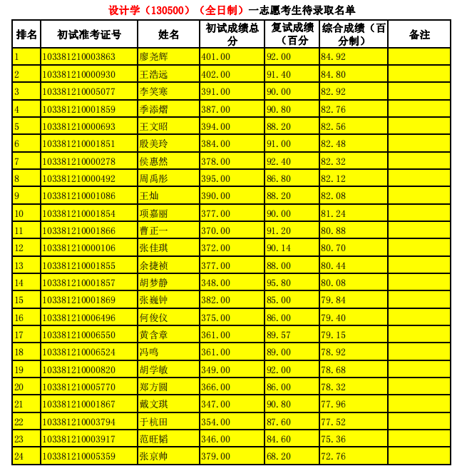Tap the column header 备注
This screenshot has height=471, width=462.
[419, 34]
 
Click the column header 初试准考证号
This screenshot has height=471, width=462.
[89, 34]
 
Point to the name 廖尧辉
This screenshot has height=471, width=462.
[154, 57]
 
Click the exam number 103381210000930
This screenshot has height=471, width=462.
[78, 74]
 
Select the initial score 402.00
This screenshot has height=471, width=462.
[215, 74]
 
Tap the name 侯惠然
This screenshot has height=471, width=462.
[154, 161]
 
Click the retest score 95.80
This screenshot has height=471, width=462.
[278, 283]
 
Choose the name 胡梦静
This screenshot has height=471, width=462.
[154, 283]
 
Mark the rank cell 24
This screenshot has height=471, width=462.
[19, 456]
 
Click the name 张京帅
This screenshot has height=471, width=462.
[154, 456]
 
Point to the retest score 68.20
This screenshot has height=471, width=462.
[278, 456]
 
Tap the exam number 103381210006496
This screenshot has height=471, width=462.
[78, 318]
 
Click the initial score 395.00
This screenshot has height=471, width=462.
[215, 178]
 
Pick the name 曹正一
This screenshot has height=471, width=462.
[154, 231]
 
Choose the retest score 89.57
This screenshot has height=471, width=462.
[278, 335]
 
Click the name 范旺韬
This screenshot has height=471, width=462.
[154, 439]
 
